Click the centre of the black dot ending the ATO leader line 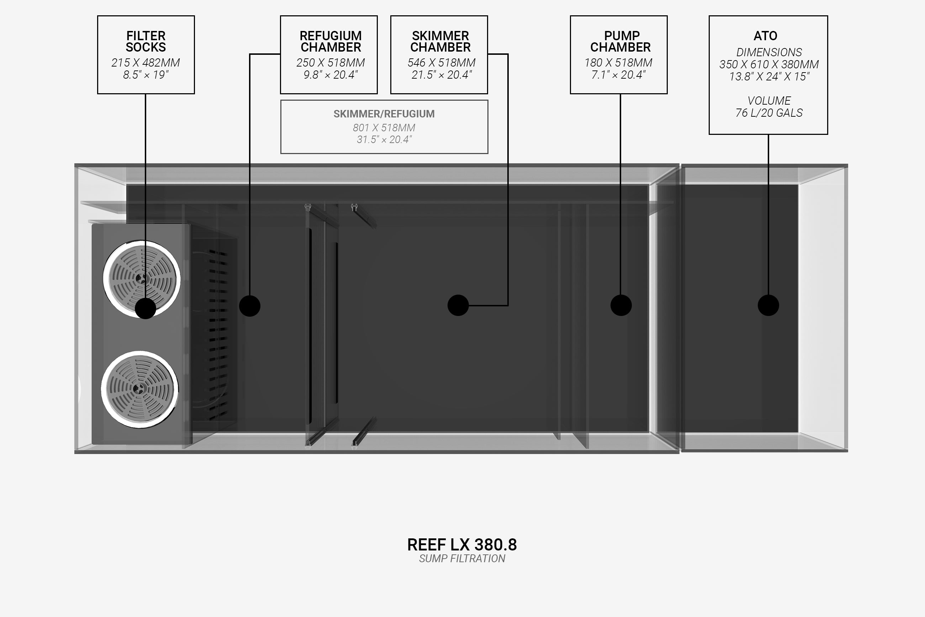pyautogui.click(x=768, y=305)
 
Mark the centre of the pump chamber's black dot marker pyautogui.click(x=621, y=305)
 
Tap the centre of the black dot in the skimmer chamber pyautogui.click(x=458, y=305)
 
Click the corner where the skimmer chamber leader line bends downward pyautogui.click(x=508, y=54)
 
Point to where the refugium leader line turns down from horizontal pyautogui.click(x=250, y=54)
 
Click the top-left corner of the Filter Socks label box pyautogui.click(x=97, y=16)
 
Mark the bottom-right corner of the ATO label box pyautogui.click(x=828, y=134)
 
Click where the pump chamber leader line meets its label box pyautogui.click(x=620, y=94)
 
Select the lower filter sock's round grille pyautogui.click(x=140, y=390)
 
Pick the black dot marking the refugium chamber pyautogui.click(x=250, y=306)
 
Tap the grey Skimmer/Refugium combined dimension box pyautogui.click(x=384, y=127)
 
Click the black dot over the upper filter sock pyautogui.click(x=146, y=308)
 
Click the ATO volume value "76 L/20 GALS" pyautogui.click(x=769, y=113)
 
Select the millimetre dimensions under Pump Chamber pyautogui.click(x=618, y=63)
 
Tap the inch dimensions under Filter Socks pyautogui.click(x=146, y=75)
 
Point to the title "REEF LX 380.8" pyautogui.click(x=462, y=545)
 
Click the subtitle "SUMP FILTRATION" pyautogui.click(x=462, y=559)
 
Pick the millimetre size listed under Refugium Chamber pyautogui.click(x=331, y=63)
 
